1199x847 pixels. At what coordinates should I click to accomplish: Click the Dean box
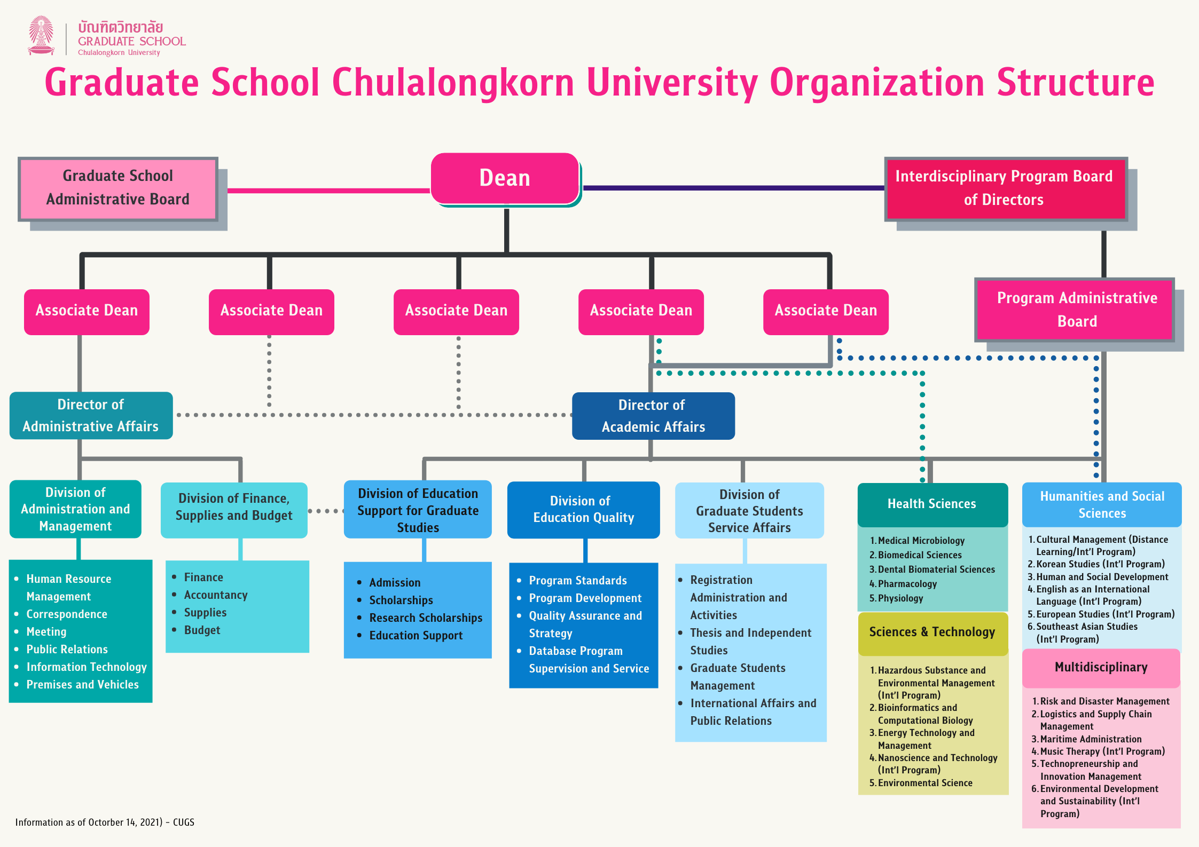point(505,178)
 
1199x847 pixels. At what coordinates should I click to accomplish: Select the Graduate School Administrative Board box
point(118,188)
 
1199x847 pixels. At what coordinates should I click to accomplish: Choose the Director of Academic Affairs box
point(653,416)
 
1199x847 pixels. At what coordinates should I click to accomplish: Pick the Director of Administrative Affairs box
point(91,415)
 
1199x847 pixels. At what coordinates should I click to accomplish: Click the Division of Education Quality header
point(583,510)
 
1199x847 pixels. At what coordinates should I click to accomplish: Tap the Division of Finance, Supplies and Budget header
point(234,508)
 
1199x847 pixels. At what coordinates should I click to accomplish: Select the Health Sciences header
point(932,504)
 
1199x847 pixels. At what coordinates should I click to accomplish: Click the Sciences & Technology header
point(932,632)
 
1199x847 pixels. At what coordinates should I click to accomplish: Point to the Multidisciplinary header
point(1101,667)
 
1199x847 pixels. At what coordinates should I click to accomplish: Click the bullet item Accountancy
point(216,595)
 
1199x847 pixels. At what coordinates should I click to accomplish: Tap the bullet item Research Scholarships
point(426,618)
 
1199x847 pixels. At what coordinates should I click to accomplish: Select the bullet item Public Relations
point(67,650)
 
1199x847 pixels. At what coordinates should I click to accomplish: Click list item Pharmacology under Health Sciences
point(907,584)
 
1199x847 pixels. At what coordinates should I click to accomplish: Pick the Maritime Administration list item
point(1091,739)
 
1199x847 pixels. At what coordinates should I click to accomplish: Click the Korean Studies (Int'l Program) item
point(1100,564)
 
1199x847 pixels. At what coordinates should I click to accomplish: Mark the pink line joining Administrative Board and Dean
point(328,191)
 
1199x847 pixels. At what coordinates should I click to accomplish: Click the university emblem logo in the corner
point(41,36)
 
